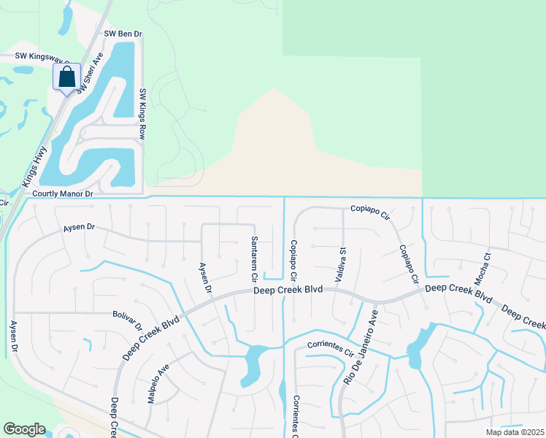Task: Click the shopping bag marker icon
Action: click(x=66, y=77)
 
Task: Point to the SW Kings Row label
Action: click(x=143, y=115)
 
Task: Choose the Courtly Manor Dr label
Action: click(x=64, y=194)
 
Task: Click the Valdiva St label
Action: click(x=341, y=261)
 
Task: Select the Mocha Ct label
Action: click(x=488, y=267)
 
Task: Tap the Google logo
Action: click(x=24, y=429)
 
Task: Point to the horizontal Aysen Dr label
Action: click(x=80, y=228)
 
